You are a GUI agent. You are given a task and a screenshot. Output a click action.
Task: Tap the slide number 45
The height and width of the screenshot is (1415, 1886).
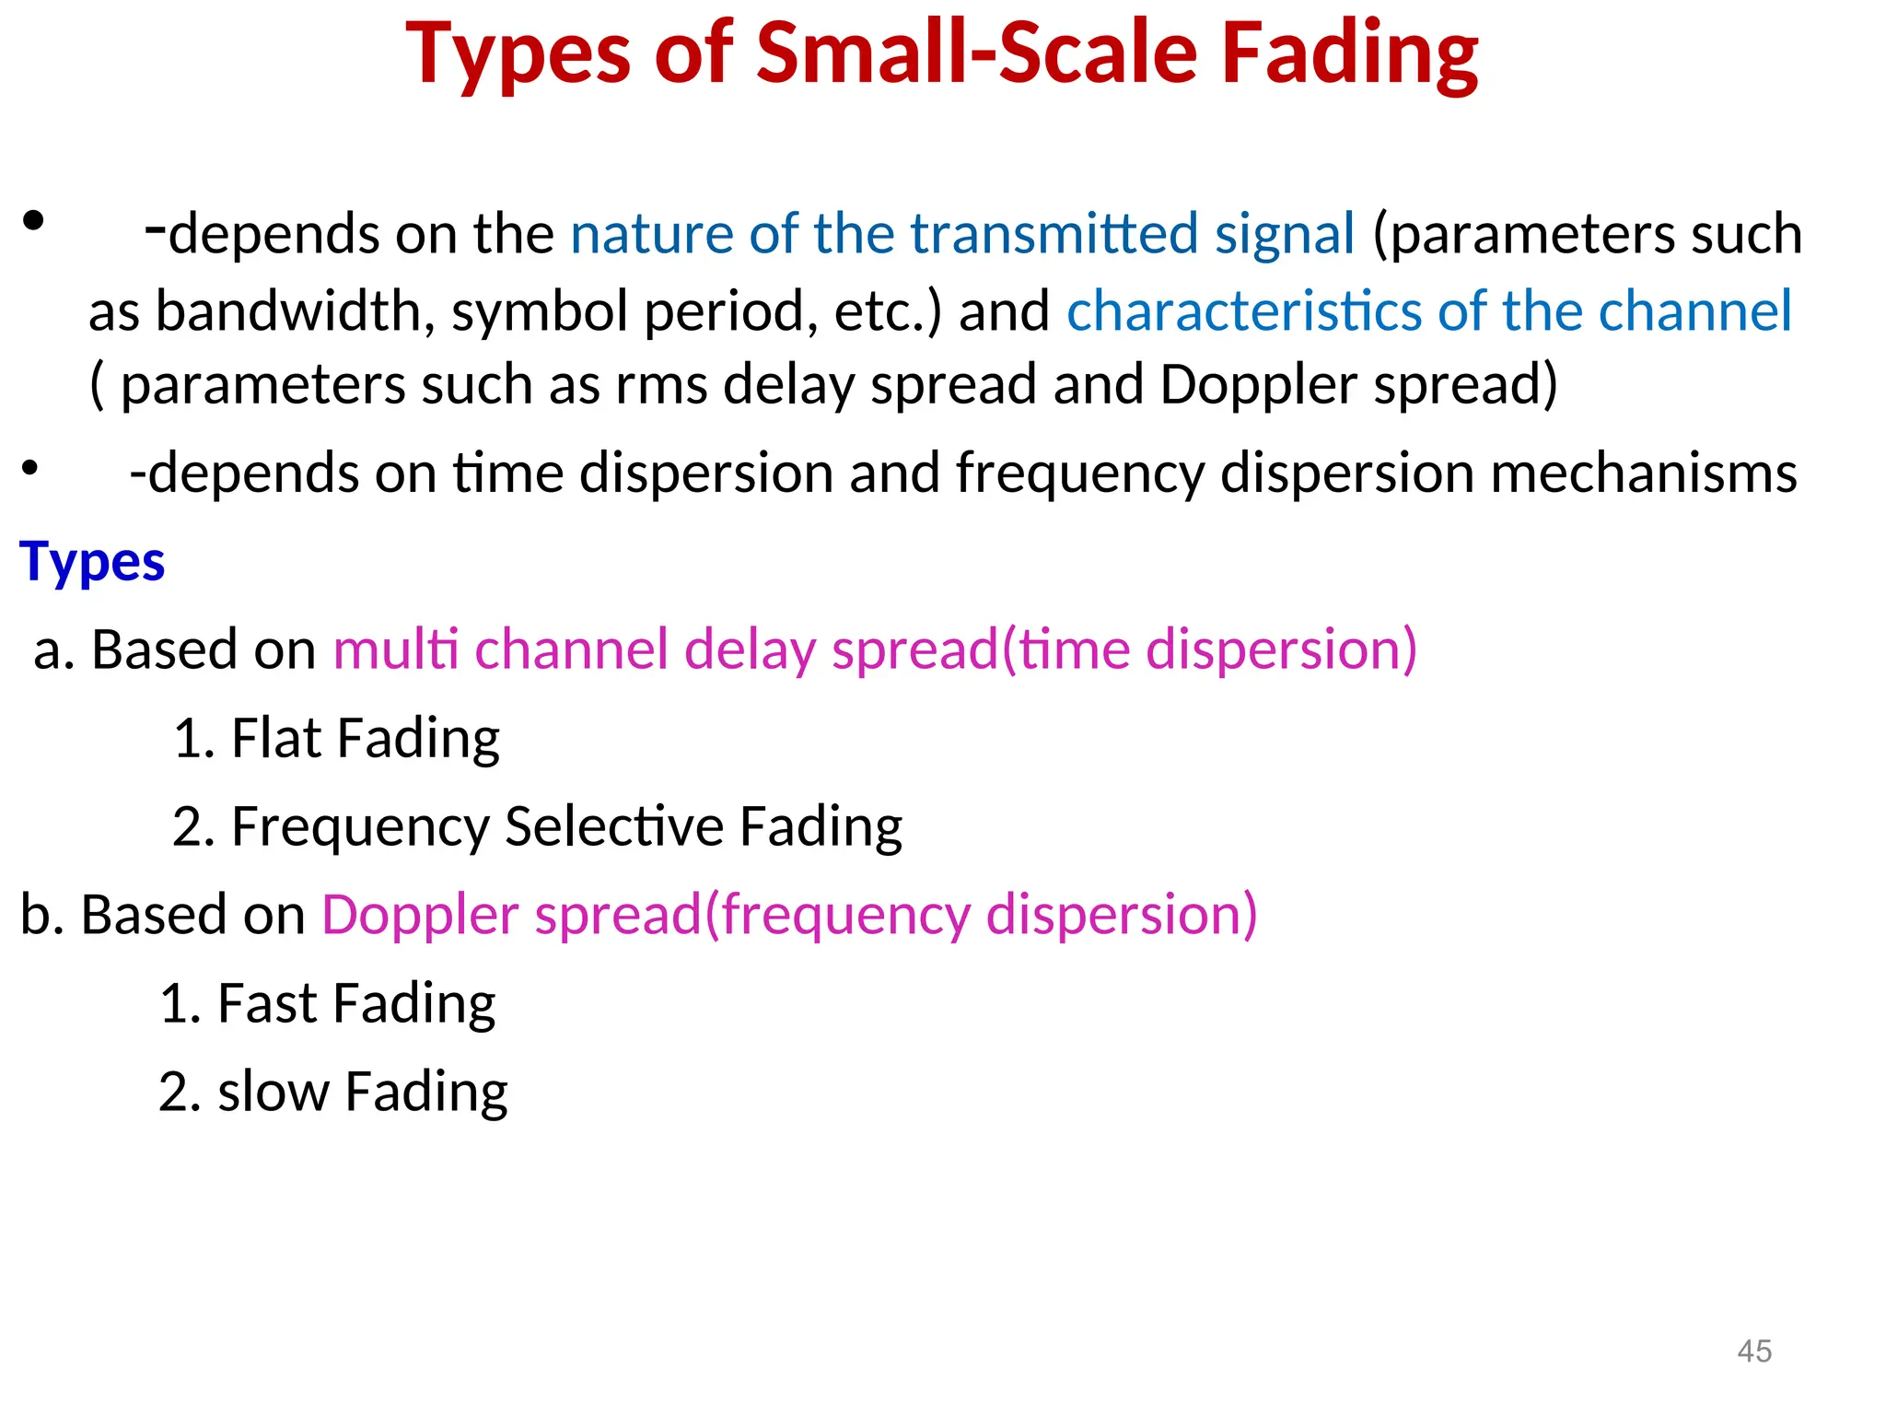1753,1351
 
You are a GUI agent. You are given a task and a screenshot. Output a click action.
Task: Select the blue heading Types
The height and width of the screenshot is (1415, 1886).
92,562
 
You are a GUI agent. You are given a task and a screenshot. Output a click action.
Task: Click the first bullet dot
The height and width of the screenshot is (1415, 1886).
34,221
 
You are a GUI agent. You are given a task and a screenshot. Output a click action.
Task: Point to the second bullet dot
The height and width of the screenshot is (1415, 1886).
30,468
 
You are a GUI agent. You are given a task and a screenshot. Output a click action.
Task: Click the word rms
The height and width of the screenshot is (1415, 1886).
661,385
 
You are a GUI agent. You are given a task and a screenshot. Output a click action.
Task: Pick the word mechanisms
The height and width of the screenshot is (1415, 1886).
1643,474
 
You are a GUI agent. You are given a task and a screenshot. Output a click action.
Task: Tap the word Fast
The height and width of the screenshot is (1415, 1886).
267,1003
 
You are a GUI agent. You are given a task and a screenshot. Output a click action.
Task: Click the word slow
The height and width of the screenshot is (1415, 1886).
273,1092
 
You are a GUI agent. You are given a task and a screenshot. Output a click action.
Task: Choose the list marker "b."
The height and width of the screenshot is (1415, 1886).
42,915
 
